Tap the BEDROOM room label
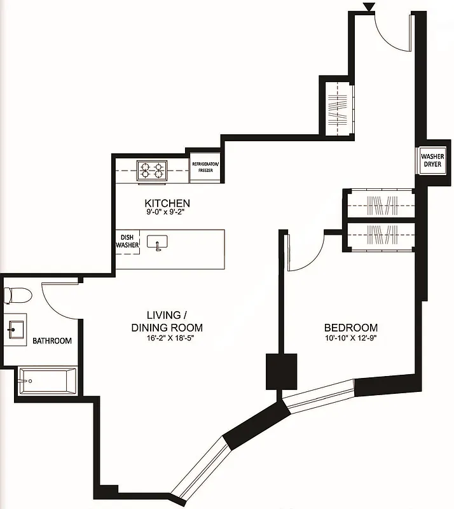(347, 328)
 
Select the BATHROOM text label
(52, 341)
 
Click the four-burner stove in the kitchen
(153, 170)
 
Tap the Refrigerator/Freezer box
(205, 167)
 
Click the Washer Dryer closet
(432, 161)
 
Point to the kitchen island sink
(157, 242)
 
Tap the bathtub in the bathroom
(47, 382)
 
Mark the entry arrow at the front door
(368, 7)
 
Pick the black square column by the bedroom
(281, 371)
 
